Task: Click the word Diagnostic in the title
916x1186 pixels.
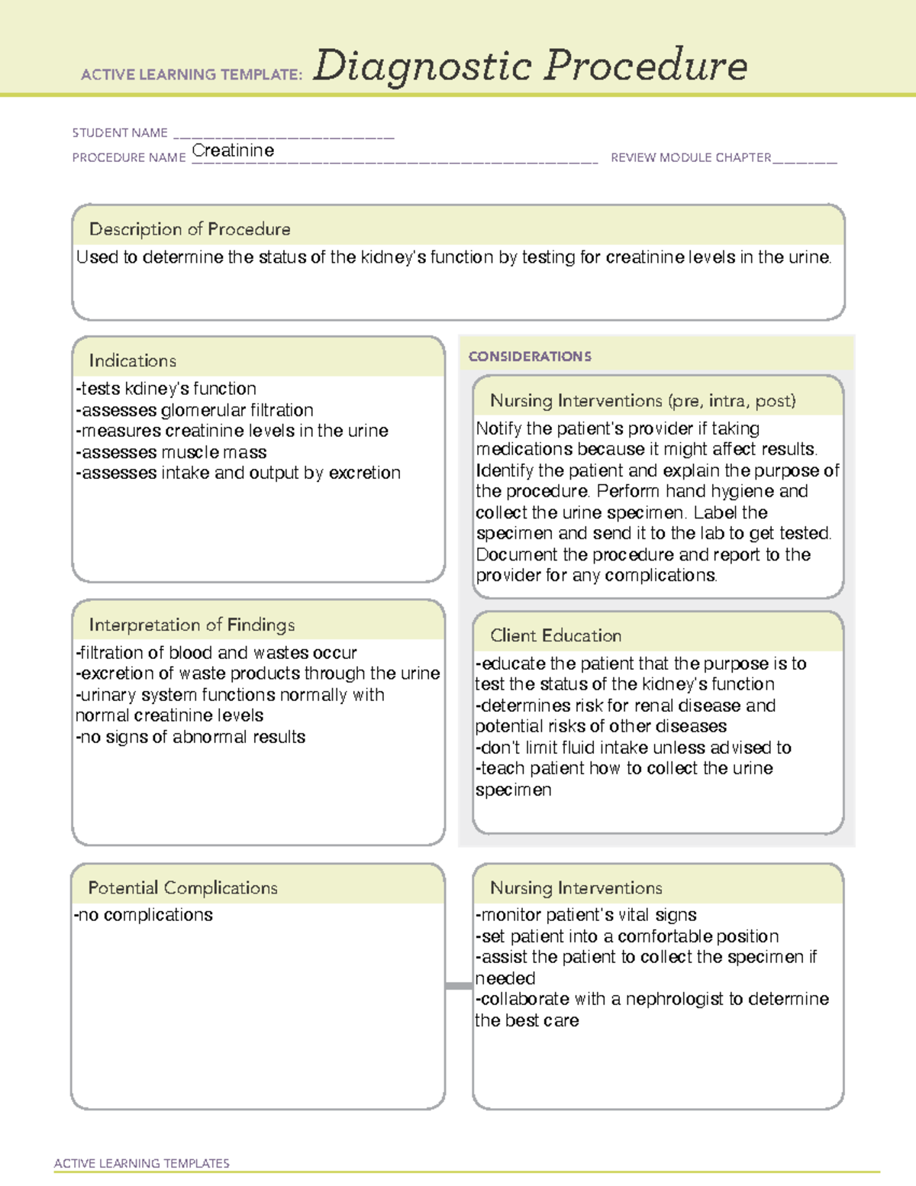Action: coord(422,66)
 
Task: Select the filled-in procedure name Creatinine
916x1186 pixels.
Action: coord(233,150)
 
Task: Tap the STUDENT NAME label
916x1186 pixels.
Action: coord(120,133)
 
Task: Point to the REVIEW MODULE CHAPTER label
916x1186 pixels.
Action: coord(690,157)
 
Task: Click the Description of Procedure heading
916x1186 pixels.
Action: coord(189,229)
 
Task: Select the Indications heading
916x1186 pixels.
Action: coord(132,360)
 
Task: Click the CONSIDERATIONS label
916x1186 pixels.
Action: coord(530,357)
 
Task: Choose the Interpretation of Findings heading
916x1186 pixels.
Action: coord(192,625)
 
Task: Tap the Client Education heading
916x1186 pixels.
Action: coord(556,635)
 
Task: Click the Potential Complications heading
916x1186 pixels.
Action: coord(182,887)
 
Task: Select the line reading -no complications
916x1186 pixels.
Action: coord(144,915)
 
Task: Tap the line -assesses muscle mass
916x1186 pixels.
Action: coord(171,452)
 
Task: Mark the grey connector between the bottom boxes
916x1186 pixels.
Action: coord(459,986)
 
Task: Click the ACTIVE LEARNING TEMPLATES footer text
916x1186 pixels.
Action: coord(141,1163)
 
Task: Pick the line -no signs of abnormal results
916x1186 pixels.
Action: coord(190,737)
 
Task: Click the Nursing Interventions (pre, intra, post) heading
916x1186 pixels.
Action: coord(643,401)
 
